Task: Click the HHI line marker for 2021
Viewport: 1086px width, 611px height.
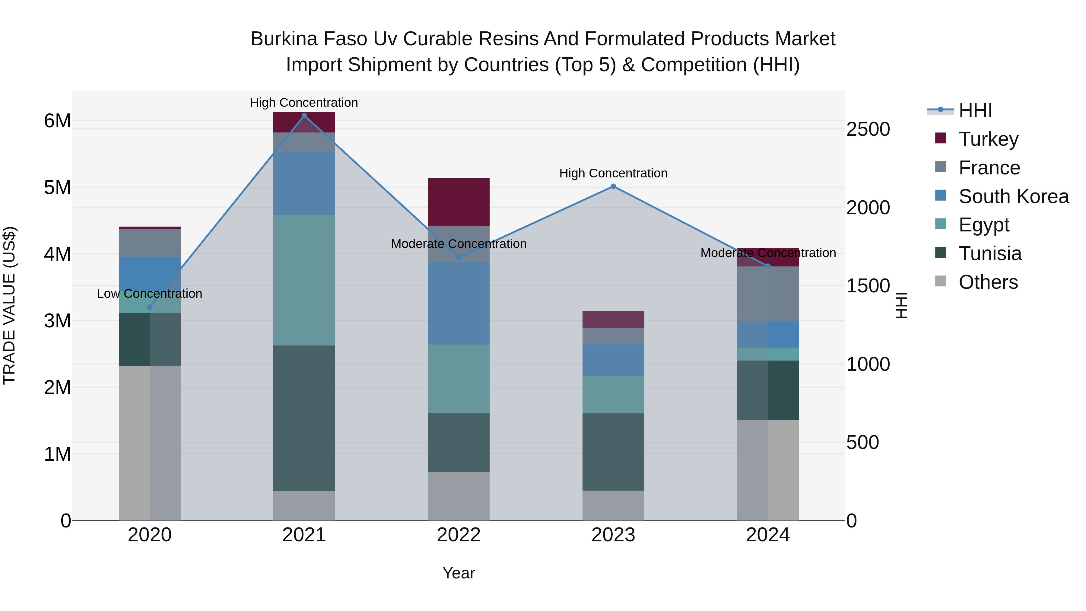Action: click(304, 116)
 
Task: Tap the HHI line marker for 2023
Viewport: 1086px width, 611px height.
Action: click(613, 186)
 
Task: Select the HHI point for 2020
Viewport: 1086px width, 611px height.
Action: click(150, 307)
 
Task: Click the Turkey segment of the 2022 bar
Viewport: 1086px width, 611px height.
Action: click(459, 202)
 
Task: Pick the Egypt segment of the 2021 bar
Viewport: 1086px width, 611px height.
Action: click(304, 280)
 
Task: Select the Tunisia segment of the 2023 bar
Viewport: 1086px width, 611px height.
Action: click(613, 452)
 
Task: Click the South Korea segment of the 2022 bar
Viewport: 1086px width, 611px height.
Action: click(459, 303)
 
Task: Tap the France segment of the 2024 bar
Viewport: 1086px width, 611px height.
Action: click(768, 294)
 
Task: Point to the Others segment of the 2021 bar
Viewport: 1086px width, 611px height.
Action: click(304, 506)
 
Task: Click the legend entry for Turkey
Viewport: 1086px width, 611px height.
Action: click(988, 139)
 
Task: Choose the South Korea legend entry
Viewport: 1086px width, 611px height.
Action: click(1014, 196)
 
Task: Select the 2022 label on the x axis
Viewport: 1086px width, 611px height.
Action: click(459, 535)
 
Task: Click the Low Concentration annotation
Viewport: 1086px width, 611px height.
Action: click(150, 294)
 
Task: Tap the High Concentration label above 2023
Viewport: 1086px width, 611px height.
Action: click(613, 173)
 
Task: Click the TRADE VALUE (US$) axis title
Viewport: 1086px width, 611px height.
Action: click(10, 306)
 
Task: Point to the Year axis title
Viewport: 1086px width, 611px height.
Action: click(459, 573)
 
